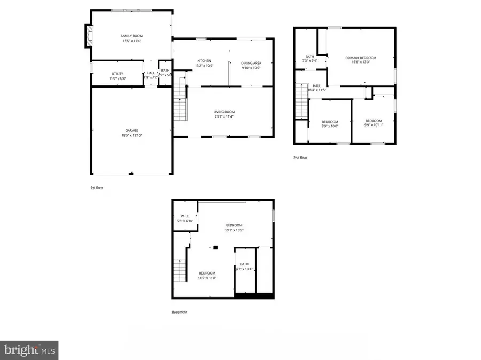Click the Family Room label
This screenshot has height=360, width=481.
tap(131, 36)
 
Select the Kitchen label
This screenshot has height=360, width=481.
tap(204, 61)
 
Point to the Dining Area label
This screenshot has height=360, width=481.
tap(251, 63)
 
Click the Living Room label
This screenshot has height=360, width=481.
tap(224, 112)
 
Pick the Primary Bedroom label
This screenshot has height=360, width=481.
tap(361, 58)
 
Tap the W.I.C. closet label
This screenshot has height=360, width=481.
tap(185, 216)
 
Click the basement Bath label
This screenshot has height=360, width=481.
tap(244, 264)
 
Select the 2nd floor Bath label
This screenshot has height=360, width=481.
tap(310, 57)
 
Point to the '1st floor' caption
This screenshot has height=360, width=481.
tap(97, 187)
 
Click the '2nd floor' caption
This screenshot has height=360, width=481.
tap(300, 158)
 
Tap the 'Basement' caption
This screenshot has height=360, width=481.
tap(180, 312)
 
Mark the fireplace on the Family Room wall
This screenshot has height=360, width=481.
tap(88, 36)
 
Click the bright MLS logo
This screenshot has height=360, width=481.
tap(29, 350)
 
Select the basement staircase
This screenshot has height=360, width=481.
tap(180, 270)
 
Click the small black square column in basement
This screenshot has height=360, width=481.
tap(215, 247)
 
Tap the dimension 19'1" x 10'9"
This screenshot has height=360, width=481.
tap(234, 230)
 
